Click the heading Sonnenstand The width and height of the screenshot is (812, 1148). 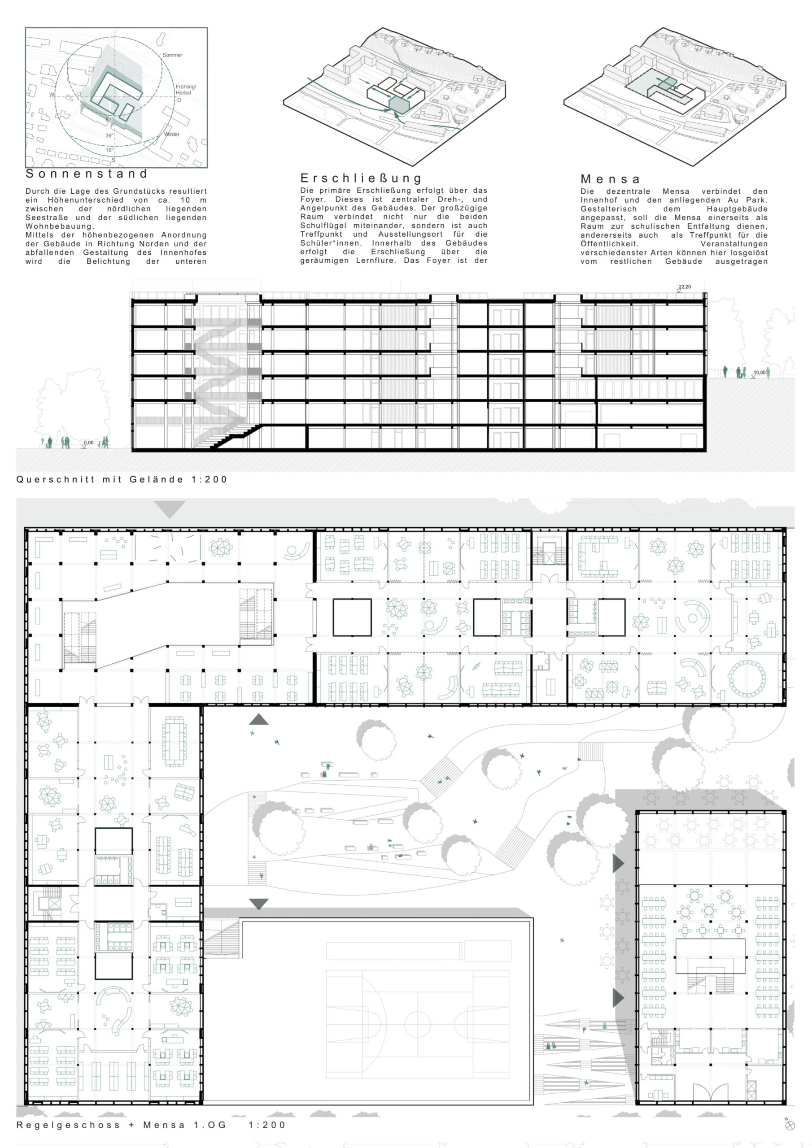tap(87, 174)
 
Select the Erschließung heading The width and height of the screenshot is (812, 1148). tap(361, 178)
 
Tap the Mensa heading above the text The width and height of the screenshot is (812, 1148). tap(610, 179)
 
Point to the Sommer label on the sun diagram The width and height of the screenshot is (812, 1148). tap(172, 55)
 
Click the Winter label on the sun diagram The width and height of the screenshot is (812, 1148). tap(172, 135)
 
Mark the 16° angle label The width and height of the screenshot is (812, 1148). tap(109, 150)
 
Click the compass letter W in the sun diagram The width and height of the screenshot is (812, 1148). tap(52, 95)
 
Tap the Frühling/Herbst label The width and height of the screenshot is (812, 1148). tap(186, 90)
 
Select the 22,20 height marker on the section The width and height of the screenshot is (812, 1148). tap(685, 287)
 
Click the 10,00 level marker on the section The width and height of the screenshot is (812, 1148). tap(760, 373)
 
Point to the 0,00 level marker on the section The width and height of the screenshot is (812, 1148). tap(88, 443)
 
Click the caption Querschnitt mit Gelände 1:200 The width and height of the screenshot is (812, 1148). tap(122, 479)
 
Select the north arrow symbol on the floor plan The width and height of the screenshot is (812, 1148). tap(790, 1125)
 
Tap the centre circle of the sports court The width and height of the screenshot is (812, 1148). tap(417, 1019)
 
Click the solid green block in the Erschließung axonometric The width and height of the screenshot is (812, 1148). tap(399, 104)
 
